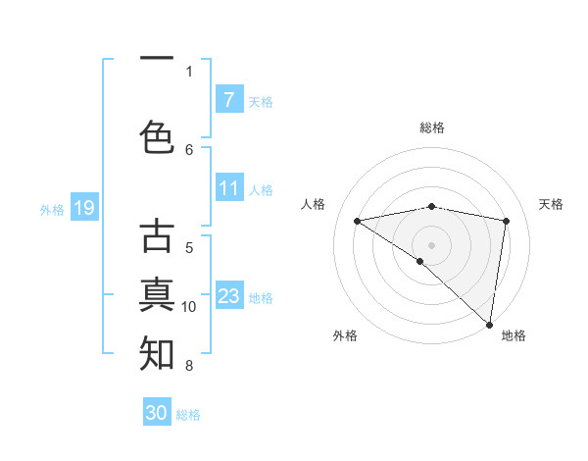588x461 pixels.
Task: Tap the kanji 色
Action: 157,136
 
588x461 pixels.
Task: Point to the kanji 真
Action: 157,294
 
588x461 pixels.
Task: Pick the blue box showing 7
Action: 228,100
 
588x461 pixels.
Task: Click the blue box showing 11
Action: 228,188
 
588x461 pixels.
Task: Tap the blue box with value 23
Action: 228,296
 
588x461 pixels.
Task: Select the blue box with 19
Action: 83,208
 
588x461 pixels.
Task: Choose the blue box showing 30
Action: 157,413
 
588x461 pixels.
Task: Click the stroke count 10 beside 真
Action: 189,307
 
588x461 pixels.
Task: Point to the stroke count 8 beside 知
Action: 189,366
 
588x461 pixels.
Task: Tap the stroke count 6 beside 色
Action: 189,149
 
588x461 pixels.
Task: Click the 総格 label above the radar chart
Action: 431,128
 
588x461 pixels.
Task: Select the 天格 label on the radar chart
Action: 552,204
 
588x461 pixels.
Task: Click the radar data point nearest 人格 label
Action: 357,221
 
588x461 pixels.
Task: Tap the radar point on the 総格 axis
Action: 431,206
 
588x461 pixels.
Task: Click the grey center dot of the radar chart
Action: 431,244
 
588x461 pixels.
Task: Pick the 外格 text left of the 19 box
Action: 52,209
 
